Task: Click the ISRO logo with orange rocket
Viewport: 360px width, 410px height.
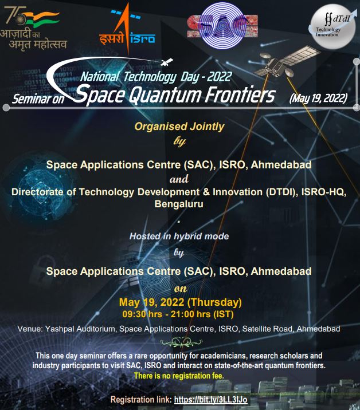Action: coord(127,29)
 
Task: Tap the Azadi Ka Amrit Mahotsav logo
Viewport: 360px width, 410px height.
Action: coord(33,28)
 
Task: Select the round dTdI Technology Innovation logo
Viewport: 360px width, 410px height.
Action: coord(333,26)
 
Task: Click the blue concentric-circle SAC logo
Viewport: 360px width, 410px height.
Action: coord(222,26)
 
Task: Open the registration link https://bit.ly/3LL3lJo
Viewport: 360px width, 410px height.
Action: coord(211,400)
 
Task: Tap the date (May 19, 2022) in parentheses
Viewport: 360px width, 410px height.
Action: coord(318,98)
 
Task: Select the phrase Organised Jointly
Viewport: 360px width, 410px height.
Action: coord(179,127)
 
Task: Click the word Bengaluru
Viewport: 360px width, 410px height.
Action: coord(179,204)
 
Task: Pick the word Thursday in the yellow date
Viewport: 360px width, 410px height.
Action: coord(215,302)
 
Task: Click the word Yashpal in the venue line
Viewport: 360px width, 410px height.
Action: coord(60,329)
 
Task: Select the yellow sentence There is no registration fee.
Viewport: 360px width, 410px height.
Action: coord(179,376)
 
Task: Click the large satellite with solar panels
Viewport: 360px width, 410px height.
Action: coord(285,61)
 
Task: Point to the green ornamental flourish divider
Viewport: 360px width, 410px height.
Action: coord(181,342)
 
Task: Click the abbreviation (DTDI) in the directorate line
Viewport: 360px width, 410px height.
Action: coord(282,192)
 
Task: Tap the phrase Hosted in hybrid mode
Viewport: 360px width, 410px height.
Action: coord(179,236)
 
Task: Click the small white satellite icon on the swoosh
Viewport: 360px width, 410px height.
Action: coord(167,62)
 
